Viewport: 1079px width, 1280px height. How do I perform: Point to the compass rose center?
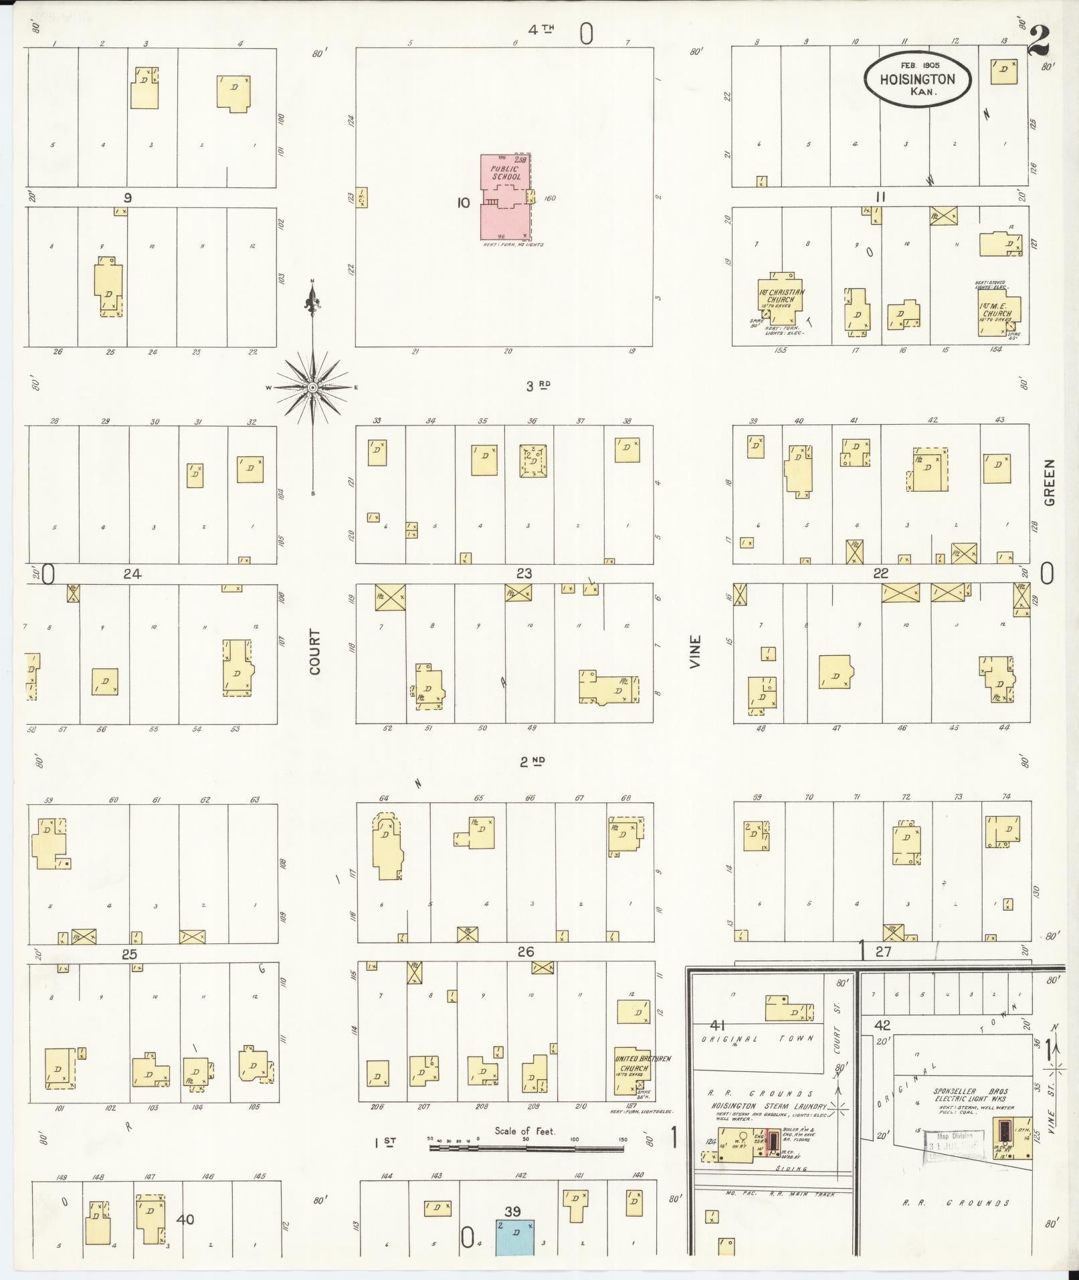[312, 387]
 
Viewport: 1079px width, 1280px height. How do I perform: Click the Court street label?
[314, 651]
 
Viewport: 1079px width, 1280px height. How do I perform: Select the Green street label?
[1049, 482]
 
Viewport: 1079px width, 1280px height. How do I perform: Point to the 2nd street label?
[532, 761]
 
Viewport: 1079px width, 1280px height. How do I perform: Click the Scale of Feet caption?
[525, 1131]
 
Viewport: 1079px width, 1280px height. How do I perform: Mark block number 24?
[132, 573]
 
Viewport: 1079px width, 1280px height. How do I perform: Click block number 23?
[524, 573]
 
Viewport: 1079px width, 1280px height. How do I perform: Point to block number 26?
[525, 951]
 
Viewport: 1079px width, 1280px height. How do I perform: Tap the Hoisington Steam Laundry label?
[769, 1106]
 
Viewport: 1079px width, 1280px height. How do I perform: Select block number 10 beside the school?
[464, 203]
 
